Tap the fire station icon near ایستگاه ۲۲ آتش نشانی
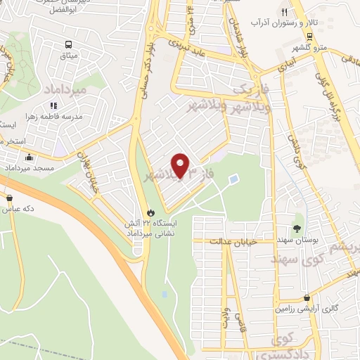point(150,212)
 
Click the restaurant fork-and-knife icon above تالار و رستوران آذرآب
point(284,12)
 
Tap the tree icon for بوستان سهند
point(297,228)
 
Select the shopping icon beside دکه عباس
point(6,210)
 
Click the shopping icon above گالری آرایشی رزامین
point(307,297)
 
